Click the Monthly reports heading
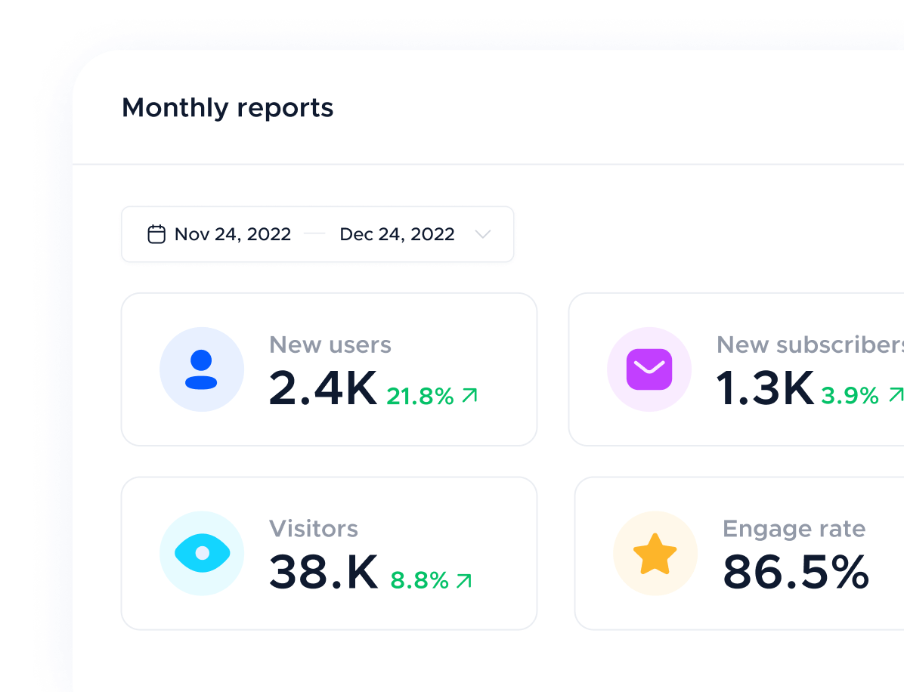(x=228, y=108)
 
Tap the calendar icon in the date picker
(x=156, y=234)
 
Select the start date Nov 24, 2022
(x=233, y=234)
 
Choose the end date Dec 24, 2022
(x=397, y=234)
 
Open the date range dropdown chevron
(x=483, y=234)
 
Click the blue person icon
(x=202, y=369)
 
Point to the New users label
(x=330, y=344)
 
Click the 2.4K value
(x=323, y=388)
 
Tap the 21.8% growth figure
(x=420, y=396)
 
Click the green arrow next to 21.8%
(x=469, y=395)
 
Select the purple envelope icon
(x=649, y=369)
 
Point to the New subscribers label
(x=810, y=344)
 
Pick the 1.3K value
(x=765, y=388)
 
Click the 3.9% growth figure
(x=850, y=396)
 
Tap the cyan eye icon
(x=202, y=554)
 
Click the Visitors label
(x=314, y=529)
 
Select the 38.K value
(x=324, y=573)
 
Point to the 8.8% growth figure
(x=419, y=580)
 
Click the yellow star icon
(x=655, y=554)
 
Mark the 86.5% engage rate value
(x=796, y=573)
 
